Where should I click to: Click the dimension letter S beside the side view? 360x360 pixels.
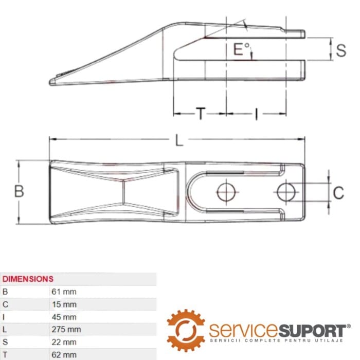341,50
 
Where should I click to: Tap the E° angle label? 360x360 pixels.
241,49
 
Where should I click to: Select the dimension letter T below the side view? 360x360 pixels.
201,114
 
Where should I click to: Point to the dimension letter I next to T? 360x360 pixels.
256,114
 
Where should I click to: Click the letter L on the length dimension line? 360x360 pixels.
179,140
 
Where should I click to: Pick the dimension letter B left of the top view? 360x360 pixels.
19,191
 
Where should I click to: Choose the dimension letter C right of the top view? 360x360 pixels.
338,193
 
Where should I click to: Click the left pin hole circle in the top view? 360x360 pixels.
226,192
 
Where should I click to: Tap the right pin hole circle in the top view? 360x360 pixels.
286,192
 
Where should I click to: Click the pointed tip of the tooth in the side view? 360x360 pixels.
50,82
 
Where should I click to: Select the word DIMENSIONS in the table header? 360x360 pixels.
28,279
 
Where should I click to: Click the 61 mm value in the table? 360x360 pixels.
64,292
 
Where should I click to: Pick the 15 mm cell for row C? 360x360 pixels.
64,304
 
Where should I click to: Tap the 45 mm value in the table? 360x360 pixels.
64,317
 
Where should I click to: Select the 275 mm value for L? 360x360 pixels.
66,330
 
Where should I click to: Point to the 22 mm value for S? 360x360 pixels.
64,342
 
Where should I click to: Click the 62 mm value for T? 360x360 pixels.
64,355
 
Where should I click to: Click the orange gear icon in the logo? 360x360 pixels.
186,330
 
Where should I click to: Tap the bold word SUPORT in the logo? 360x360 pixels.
312,331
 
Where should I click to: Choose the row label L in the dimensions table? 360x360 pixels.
4,330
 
